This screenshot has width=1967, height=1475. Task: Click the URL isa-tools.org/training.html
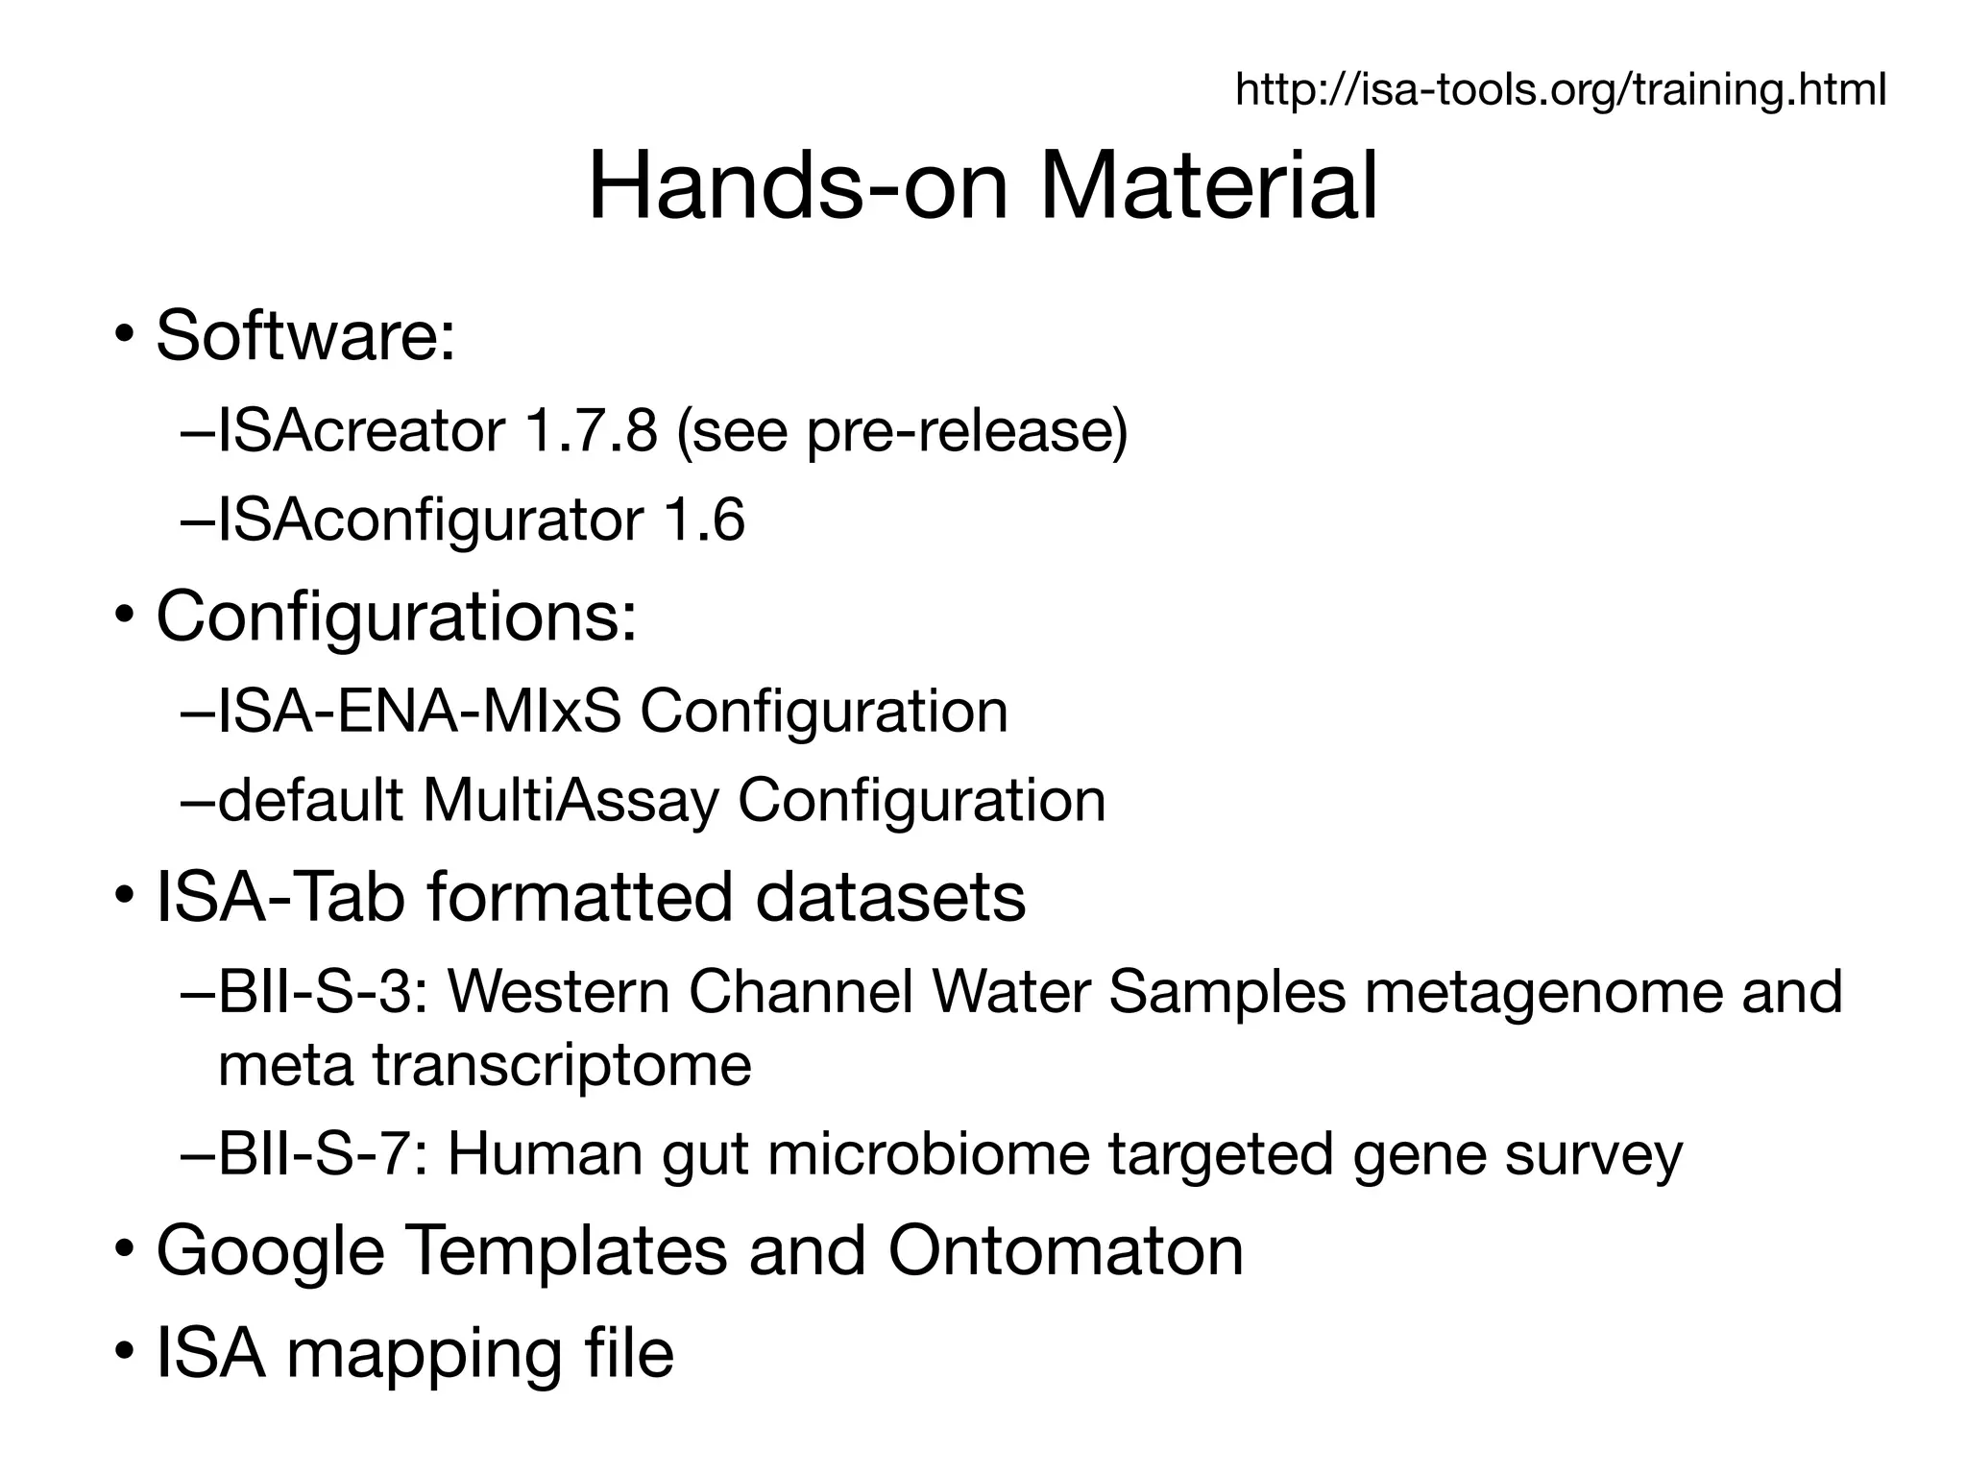tap(1560, 90)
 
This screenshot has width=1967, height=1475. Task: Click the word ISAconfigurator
tap(429, 520)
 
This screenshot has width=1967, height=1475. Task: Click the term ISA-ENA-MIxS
tap(420, 711)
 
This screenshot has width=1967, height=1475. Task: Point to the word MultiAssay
tap(571, 801)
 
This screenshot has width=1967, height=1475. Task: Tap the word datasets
tap(890, 897)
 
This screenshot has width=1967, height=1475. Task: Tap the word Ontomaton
tap(1065, 1250)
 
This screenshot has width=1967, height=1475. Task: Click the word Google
tap(270, 1250)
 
